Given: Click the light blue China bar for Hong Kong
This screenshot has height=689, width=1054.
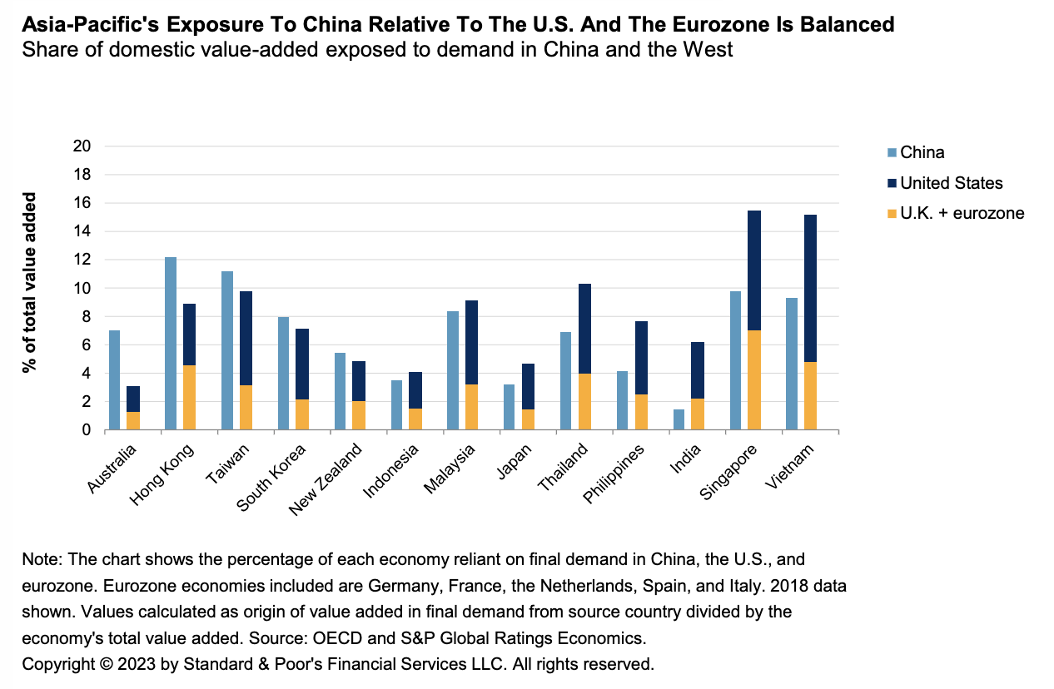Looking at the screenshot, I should [171, 344].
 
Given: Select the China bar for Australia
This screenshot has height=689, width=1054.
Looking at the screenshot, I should [114, 380].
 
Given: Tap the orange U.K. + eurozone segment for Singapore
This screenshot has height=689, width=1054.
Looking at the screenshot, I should [754, 380].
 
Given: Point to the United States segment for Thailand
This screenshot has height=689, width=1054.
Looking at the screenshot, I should [584, 329].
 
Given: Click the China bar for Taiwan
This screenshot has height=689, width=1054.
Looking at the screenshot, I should [227, 350].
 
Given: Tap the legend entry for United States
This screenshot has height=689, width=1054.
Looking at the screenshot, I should [952, 183].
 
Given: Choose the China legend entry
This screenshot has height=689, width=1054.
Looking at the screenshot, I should [922, 152].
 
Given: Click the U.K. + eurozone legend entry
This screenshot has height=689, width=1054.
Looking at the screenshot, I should [962, 214].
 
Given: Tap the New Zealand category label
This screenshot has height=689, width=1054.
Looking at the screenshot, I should [327, 478].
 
